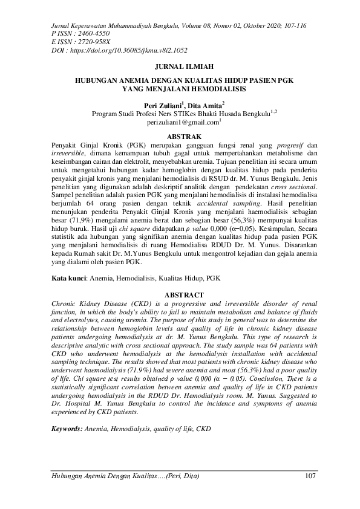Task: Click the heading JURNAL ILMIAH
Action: [180, 68]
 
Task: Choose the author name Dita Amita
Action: [205, 105]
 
